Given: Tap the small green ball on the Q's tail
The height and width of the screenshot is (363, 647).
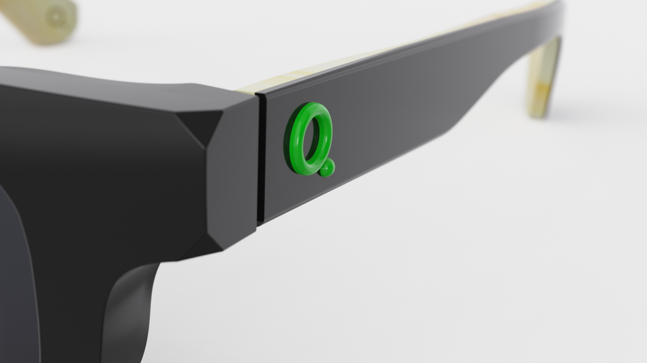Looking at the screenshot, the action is (327, 169).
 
